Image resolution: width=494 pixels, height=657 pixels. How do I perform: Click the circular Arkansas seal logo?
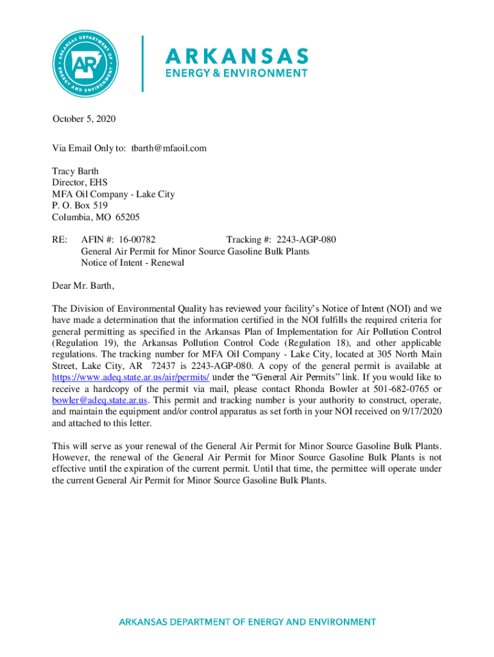(x=87, y=63)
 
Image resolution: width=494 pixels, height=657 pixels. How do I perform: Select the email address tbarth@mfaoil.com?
(x=169, y=148)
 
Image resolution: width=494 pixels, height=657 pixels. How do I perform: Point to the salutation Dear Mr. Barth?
(x=83, y=286)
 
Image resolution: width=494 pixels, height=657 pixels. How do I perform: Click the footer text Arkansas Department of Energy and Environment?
(x=247, y=622)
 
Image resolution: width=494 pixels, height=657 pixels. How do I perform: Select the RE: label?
(x=59, y=240)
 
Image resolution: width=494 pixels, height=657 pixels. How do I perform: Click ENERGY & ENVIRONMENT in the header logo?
(x=237, y=73)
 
